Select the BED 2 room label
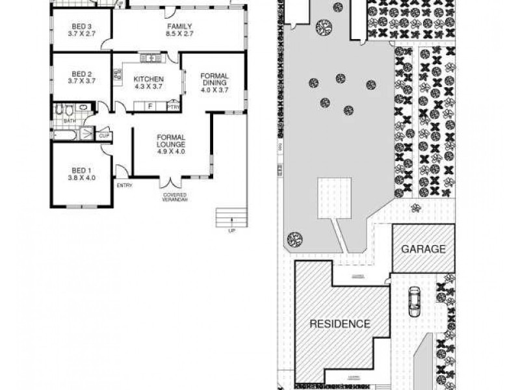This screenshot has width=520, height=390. (82, 77)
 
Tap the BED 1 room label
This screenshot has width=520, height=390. (82, 174)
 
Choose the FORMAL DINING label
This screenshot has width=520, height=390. (214, 83)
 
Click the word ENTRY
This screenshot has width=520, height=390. (124, 185)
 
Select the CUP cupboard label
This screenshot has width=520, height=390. (104, 135)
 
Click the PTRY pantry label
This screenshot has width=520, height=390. (173, 107)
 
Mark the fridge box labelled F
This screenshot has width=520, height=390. (150, 106)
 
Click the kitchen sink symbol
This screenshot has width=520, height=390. (150, 58)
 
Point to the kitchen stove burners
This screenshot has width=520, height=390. (118, 76)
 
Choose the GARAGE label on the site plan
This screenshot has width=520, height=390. (423, 249)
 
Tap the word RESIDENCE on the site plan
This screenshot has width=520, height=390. (339, 324)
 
